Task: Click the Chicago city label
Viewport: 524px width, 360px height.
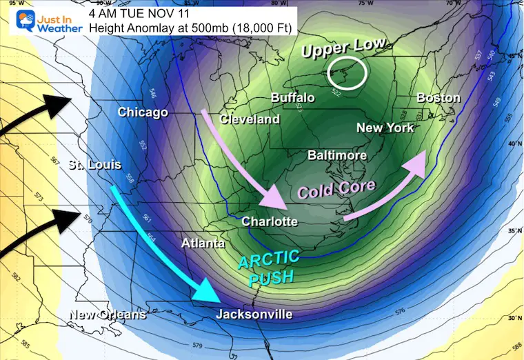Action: tap(143, 112)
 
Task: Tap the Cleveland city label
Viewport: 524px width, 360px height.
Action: tap(250, 119)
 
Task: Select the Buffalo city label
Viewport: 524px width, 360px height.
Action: tap(292, 97)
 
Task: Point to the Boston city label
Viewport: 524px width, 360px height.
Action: tap(438, 98)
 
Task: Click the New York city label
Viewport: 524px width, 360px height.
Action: tap(385, 128)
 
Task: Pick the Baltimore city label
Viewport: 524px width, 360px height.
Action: tap(336, 155)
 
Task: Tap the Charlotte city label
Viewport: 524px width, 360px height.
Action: tap(270, 221)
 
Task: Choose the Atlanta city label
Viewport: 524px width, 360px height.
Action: tap(203, 243)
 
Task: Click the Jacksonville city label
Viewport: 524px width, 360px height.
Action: tap(254, 314)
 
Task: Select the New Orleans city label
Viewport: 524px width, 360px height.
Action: tap(107, 314)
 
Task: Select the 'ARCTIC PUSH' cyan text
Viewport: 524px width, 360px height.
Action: tap(270, 267)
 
